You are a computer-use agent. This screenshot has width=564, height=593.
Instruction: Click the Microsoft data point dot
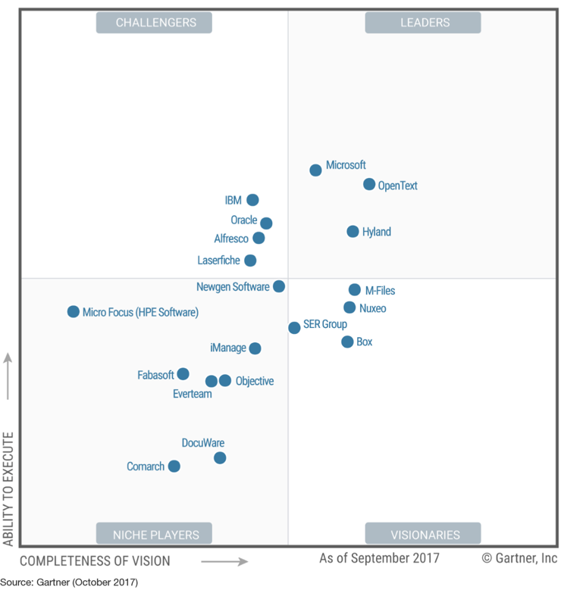point(315,170)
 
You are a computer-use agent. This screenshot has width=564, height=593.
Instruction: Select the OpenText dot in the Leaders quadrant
point(369,184)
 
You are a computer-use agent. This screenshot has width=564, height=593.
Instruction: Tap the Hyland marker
point(352,232)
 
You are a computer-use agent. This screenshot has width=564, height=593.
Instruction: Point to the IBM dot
point(252,200)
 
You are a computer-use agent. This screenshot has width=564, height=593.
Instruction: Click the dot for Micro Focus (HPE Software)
point(74,311)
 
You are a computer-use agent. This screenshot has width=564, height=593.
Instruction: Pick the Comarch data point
point(174,466)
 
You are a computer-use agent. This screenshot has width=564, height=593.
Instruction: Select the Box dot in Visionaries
point(347,342)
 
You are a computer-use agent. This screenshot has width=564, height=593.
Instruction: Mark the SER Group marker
point(294,328)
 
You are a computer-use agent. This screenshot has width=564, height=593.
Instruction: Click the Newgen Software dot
point(279,286)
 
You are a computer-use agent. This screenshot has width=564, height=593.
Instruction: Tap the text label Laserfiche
point(218,261)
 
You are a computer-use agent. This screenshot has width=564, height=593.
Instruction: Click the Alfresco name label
point(231,239)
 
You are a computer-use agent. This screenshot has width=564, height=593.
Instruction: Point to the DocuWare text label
point(203,443)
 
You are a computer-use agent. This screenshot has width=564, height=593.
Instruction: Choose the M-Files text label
point(380,291)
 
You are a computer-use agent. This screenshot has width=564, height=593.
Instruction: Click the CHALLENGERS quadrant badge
point(154,23)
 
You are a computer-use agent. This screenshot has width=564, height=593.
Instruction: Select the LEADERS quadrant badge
point(423,23)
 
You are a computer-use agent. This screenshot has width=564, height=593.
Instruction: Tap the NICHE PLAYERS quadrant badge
point(154,534)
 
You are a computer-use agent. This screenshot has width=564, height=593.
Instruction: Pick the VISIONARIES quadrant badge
point(423,534)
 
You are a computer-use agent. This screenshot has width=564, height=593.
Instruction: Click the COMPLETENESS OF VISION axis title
point(95,561)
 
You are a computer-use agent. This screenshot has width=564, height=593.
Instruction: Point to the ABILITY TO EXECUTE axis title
point(8,488)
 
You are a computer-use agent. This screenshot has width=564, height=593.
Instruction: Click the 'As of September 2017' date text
point(378,559)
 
